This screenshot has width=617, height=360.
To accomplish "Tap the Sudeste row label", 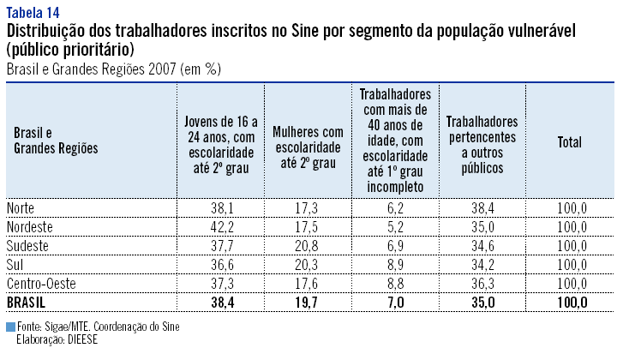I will click(28, 246).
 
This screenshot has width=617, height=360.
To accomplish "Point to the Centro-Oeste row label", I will click(39, 284).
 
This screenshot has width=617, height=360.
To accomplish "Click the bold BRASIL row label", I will click(27, 303).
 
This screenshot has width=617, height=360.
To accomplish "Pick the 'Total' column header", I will click(569, 142).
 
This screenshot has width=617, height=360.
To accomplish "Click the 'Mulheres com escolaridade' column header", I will click(308, 142).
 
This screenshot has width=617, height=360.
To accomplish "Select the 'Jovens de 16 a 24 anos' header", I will click(220, 142).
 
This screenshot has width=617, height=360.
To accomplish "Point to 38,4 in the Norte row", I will click(482, 208).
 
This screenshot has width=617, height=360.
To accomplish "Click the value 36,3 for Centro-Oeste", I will click(482, 284).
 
